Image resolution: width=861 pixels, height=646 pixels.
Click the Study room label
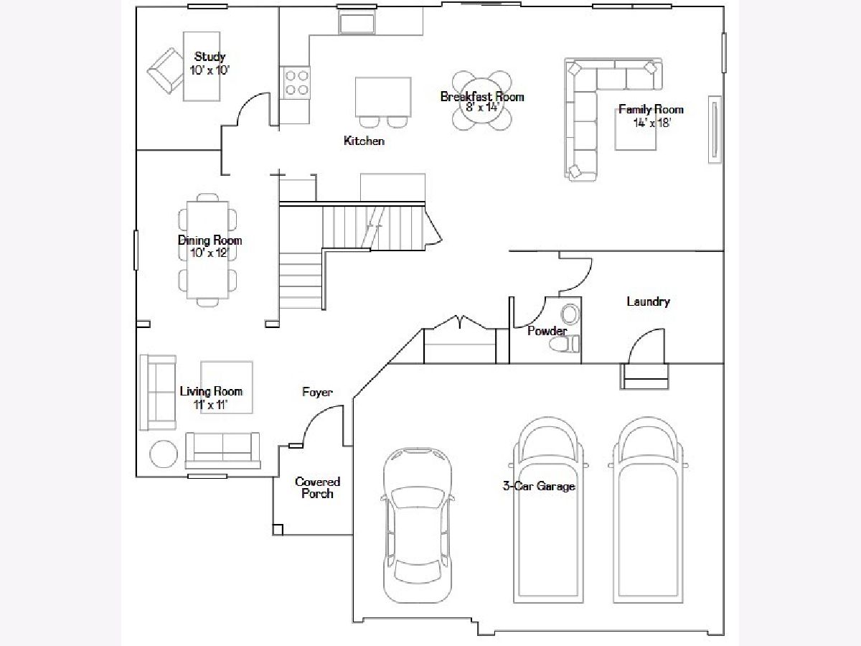[210, 57]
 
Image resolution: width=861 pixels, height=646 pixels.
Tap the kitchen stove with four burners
[296, 83]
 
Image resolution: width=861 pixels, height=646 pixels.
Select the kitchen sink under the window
[357, 23]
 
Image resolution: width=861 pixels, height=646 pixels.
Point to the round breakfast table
[481, 100]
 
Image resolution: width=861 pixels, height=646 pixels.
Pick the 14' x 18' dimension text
[652, 123]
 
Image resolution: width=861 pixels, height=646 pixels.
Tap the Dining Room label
[210, 240]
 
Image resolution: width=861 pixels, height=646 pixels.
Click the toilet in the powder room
[564, 345]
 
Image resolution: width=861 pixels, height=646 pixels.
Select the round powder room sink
[570, 314]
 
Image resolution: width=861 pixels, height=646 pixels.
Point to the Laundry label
[649, 301]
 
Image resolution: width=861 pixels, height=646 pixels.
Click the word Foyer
[317, 392]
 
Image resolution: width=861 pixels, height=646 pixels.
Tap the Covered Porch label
[317, 487]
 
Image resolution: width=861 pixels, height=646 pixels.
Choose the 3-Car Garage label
[539, 486]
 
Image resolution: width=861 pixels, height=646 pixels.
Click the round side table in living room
[164, 454]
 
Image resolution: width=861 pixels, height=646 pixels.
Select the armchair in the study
[166, 71]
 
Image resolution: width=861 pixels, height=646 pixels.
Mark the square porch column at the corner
[278, 530]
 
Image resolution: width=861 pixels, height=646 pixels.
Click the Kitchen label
[364, 141]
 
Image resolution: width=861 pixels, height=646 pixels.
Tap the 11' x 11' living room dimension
[211, 405]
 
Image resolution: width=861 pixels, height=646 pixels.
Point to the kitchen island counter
[383, 97]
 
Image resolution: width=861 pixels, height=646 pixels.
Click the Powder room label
[547, 331]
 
